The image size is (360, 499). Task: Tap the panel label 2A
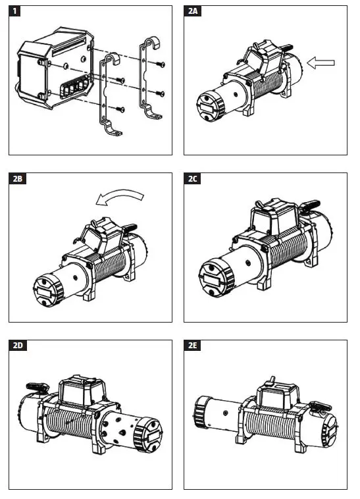tap(193, 11)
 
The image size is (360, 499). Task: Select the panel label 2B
tap(19, 178)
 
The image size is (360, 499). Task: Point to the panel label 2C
tap(193, 178)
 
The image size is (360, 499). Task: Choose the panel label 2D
tap(19, 346)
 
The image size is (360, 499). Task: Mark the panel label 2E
tap(193, 346)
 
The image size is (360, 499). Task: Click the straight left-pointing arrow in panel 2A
tap(321, 63)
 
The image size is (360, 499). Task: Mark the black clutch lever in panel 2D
tap(35, 386)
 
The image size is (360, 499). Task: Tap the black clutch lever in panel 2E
tap(321, 406)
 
